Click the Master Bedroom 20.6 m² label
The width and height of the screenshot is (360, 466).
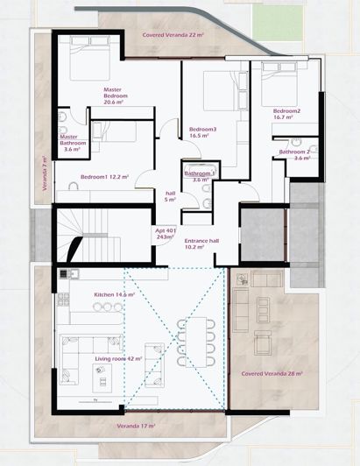pos(112,95)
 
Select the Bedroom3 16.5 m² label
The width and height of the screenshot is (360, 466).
pos(202,132)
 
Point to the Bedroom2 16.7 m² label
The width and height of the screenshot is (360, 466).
pos(286,115)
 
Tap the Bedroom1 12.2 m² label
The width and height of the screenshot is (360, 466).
pos(104,177)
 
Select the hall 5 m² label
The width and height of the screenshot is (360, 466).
pos(171,196)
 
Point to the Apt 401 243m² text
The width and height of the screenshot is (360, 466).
pos(166,233)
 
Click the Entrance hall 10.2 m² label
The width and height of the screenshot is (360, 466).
pos(201,244)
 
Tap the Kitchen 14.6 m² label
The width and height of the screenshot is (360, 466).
pos(114,295)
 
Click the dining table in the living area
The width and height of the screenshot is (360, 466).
pos(197,335)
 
